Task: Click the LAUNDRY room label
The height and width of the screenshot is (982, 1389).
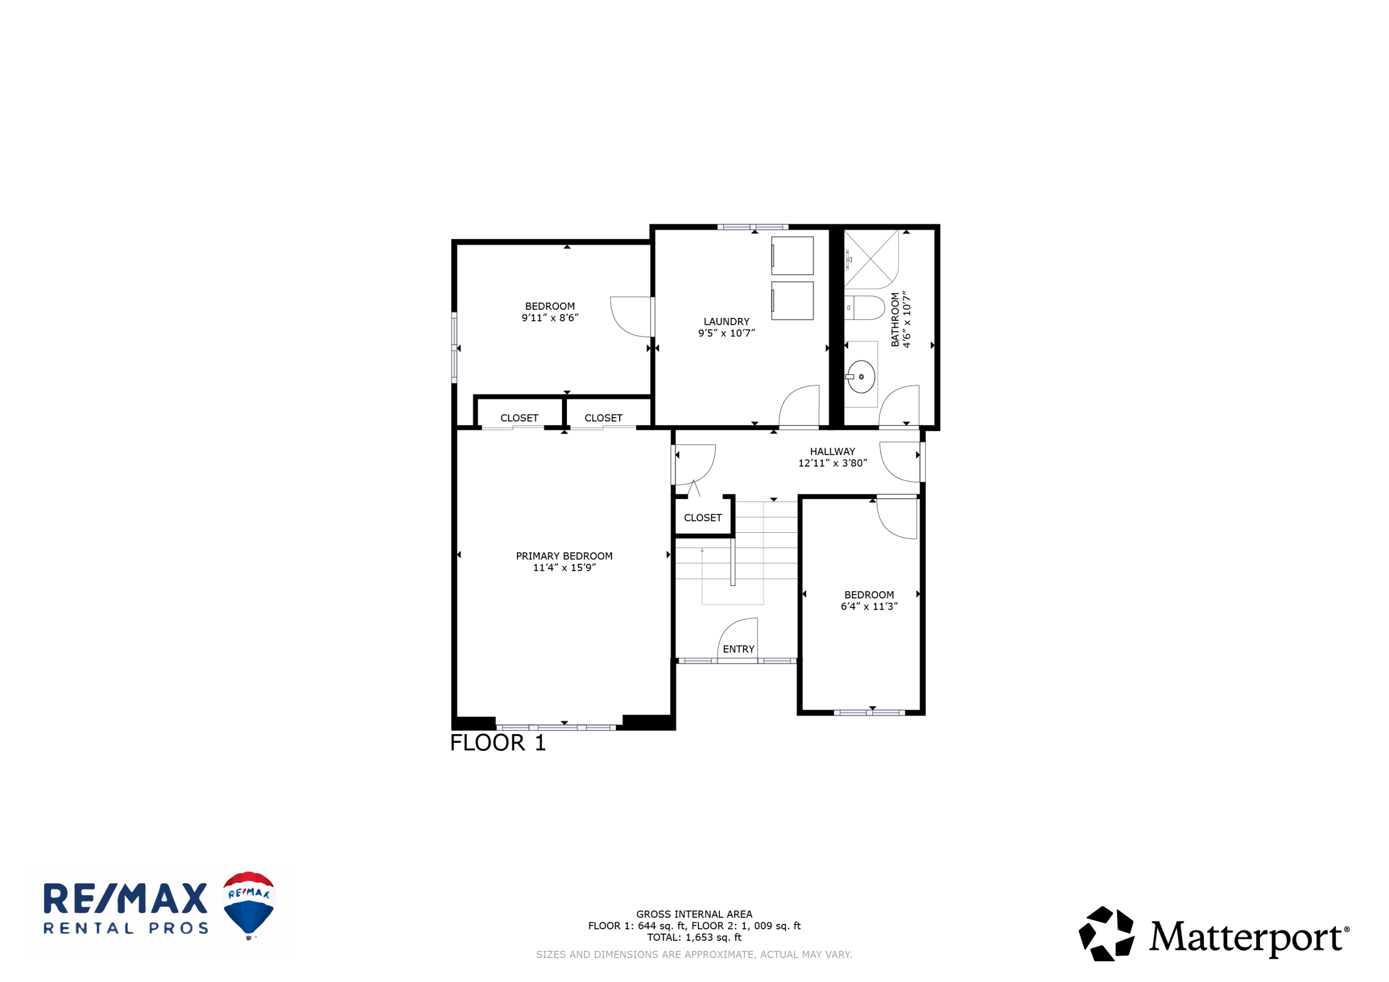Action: click(x=727, y=322)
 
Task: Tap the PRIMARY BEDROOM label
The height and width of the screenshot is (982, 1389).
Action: click(x=564, y=556)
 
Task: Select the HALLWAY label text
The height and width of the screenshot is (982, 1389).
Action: click(x=832, y=452)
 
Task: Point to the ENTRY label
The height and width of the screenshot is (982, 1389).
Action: click(x=738, y=649)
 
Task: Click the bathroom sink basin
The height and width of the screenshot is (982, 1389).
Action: click(x=861, y=377)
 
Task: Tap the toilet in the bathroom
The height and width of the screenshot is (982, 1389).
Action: click(x=864, y=308)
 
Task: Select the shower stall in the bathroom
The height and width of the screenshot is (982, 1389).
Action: click(x=871, y=259)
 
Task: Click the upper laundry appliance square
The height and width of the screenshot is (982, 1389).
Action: click(x=792, y=256)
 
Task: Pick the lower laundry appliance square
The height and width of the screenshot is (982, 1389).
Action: click(x=792, y=301)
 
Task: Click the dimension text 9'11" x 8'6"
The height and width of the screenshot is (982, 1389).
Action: click(x=550, y=317)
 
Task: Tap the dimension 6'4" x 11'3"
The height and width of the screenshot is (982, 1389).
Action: click(x=869, y=606)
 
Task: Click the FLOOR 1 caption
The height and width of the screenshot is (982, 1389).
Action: click(x=498, y=743)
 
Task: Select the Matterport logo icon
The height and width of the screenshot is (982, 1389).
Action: click(x=1106, y=934)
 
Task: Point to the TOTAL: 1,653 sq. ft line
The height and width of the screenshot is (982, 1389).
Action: click(x=694, y=937)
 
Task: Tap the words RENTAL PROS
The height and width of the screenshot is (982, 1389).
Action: click(x=126, y=929)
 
